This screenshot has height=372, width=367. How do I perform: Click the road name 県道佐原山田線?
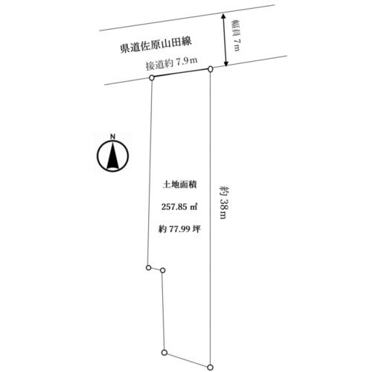[156, 45]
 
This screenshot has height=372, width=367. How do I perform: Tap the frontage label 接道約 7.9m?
[171, 63]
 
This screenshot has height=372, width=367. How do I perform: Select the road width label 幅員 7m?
[235, 36]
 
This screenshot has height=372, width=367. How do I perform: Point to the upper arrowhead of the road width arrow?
[223, 16]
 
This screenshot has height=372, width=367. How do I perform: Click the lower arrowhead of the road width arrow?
[226, 63]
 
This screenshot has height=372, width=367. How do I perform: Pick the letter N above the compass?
[113, 136]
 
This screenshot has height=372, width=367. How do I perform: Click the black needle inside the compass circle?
[112, 156]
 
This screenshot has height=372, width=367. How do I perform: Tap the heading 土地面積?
[179, 185]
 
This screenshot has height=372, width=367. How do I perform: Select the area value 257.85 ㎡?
[179, 206]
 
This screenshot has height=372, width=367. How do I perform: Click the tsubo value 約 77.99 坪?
[179, 228]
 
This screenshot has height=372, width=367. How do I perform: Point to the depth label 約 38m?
[223, 202]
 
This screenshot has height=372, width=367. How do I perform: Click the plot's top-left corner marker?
[152, 78]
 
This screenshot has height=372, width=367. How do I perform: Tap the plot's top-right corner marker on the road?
[211, 68]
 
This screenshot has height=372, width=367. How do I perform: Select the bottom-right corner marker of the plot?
[210, 368]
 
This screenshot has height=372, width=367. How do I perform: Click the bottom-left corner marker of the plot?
[164, 353]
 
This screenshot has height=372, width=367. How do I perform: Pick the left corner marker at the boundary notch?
[148, 268]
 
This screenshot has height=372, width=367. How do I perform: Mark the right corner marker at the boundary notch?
[162, 271]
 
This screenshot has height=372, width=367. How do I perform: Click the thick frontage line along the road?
[181, 73]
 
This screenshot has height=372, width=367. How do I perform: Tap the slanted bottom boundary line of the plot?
[187, 360]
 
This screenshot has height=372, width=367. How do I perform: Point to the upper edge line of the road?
[187, 17]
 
